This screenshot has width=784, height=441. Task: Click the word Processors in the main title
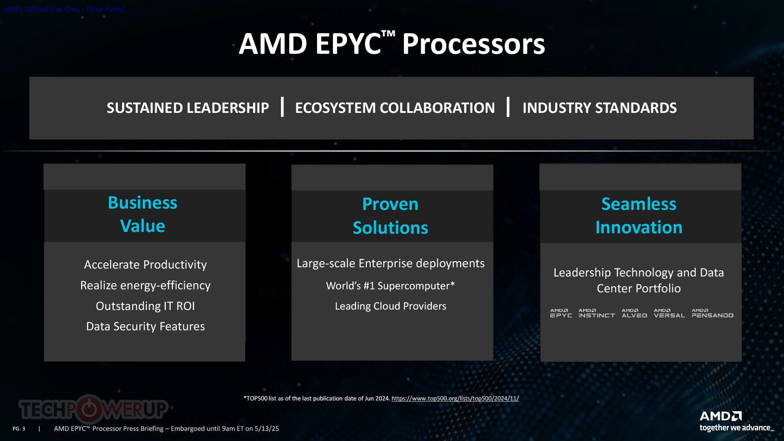(474, 44)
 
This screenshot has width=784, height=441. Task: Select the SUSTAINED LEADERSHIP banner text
(188, 108)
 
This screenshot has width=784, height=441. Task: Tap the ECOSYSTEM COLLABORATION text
(395, 108)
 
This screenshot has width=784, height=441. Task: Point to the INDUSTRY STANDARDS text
(600, 108)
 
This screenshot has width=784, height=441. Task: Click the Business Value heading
(143, 214)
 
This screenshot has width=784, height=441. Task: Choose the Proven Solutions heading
(391, 216)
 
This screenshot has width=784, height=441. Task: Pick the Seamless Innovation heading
(639, 216)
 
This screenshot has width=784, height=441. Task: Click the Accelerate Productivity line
(146, 265)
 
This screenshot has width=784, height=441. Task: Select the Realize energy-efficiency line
(146, 285)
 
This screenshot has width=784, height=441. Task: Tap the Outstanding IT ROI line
(146, 306)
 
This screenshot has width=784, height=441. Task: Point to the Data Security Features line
(146, 326)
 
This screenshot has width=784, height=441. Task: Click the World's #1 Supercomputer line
(391, 286)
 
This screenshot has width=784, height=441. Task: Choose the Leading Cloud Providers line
(391, 306)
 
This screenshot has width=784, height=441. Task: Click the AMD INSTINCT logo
(597, 313)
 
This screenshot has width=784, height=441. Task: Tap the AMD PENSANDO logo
(713, 313)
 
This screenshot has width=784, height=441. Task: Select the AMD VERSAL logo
(669, 313)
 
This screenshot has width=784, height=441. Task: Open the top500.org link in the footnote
(455, 398)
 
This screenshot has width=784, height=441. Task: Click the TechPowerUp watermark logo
(93, 409)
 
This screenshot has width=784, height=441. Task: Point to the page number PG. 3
(19, 429)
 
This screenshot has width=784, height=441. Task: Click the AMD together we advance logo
(736, 421)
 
